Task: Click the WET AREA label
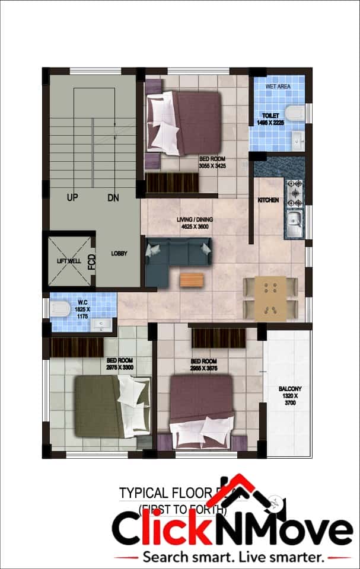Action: [278, 87]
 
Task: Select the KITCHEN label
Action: [268, 200]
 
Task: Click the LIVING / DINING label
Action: [195, 219]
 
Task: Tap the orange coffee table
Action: [192, 279]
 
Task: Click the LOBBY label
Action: [119, 254]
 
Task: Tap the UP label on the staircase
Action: [73, 197]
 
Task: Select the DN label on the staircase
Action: [113, 197]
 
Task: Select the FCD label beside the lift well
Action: [92, 261]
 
